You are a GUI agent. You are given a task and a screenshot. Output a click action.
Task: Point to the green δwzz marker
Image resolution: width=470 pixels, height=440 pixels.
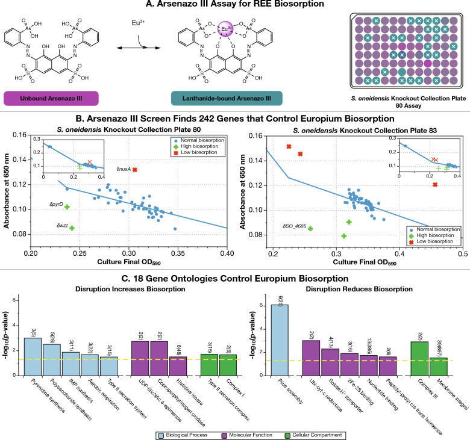[x=72, y=228]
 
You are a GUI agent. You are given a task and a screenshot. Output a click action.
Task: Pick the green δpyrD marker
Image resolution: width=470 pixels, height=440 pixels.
[x=67, y=206]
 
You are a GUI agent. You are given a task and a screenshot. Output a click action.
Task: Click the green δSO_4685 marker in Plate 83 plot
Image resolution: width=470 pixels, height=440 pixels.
[x=310, y=228]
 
